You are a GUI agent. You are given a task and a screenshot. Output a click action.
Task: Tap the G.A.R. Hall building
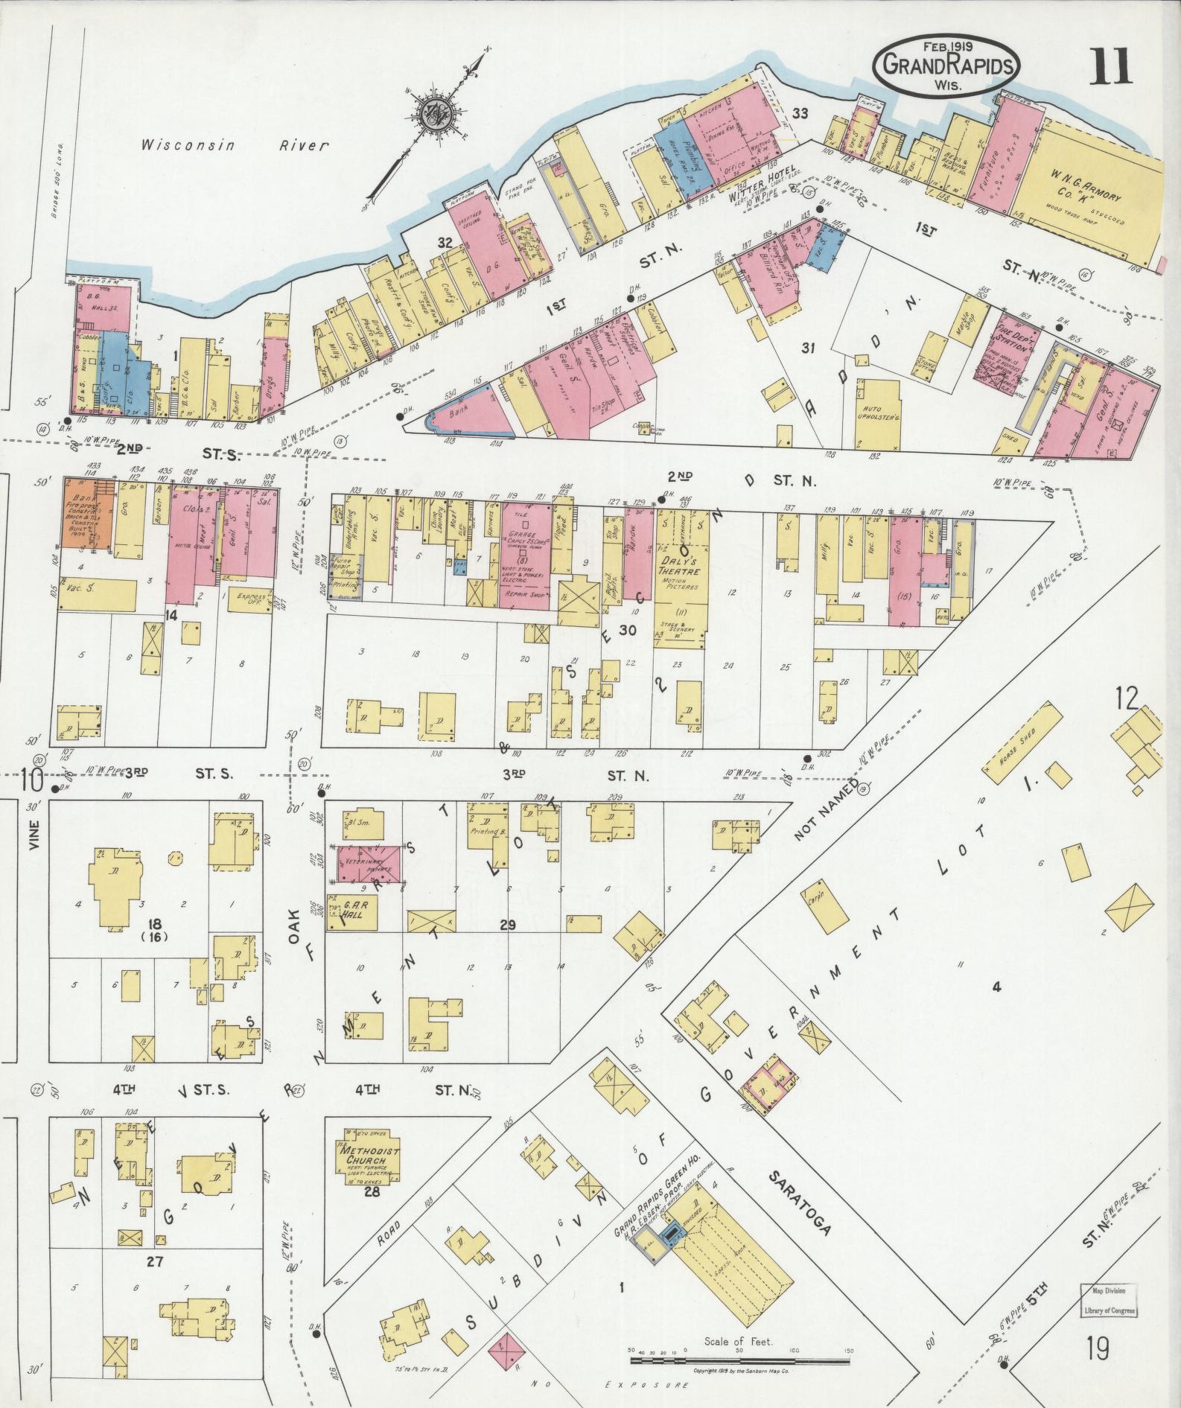(x=352, y=911)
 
